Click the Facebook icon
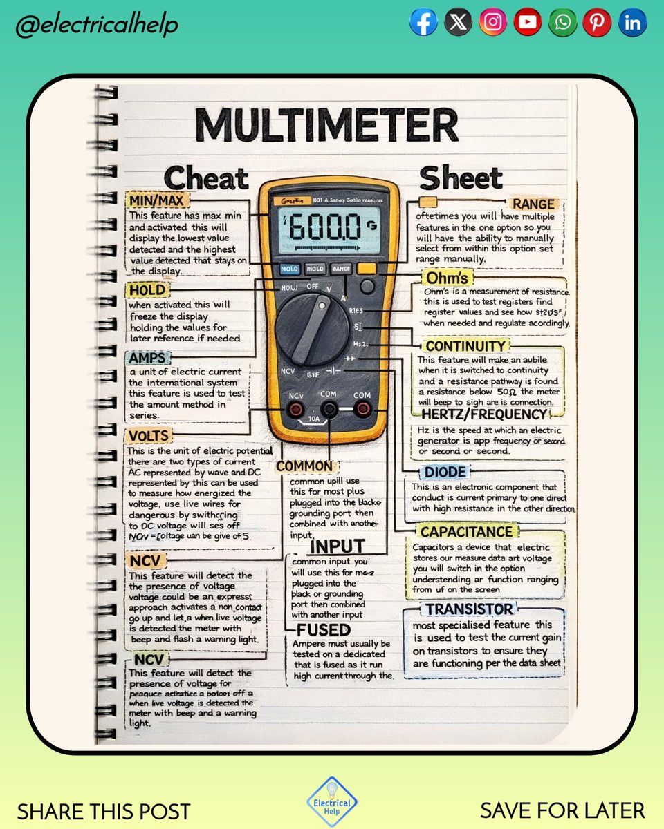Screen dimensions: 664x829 423,23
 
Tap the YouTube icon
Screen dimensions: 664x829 528,23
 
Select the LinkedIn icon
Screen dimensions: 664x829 632,23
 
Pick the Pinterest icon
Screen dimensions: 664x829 597,23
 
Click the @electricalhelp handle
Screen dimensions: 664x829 97,26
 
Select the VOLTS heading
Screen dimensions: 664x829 149,436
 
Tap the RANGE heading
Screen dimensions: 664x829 533,204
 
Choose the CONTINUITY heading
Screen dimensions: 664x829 465,345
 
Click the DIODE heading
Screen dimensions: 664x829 445,473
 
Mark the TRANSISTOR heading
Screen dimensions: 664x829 470,609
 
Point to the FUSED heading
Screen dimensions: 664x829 324,630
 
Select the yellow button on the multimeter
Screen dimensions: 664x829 366,269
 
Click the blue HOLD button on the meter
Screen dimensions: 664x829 289,269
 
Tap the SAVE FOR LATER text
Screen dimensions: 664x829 562,810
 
